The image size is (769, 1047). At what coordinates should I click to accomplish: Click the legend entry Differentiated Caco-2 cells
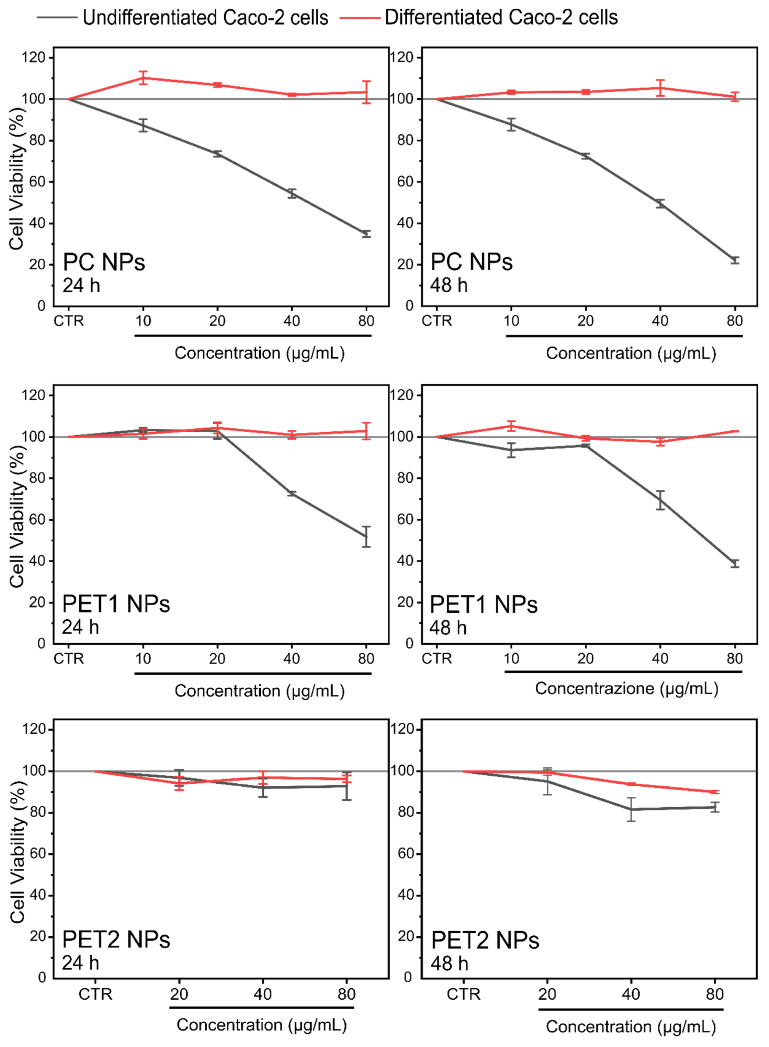(501, 18)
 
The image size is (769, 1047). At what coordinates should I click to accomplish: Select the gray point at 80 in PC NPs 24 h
(366, 234)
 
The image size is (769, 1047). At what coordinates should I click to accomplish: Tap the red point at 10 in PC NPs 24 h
(143, 78)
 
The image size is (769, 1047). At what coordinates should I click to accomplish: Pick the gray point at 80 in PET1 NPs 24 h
(366, 536)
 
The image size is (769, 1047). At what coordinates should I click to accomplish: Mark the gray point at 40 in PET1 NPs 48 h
(660, 501)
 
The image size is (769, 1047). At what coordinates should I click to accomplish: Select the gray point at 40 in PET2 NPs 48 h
(631, 809)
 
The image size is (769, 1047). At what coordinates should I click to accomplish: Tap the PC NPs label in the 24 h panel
(104, 262)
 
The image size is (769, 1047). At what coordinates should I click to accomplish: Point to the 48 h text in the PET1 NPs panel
(448, 628)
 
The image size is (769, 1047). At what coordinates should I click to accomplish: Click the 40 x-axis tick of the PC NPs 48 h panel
(660, 321)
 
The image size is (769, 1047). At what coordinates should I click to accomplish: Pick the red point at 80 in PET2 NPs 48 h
(714, 792)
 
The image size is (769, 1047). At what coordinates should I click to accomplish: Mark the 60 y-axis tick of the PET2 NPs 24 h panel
(37, 854)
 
